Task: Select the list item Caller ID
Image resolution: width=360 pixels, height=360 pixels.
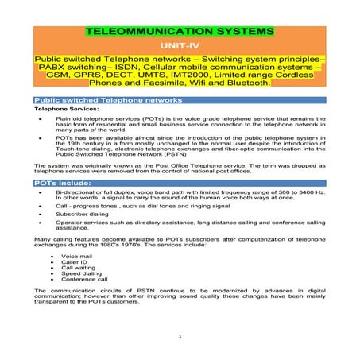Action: click(74, 263)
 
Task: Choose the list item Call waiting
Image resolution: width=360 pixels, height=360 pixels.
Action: click(76, 269)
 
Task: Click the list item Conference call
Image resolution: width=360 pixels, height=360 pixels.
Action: click(81, 282)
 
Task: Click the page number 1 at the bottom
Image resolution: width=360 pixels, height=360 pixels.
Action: click(180, 336)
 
